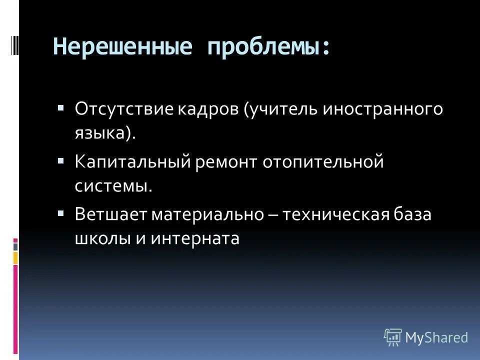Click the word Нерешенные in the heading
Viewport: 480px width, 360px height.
(x=122, y=48)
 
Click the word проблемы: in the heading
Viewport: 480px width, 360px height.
(x=269, y=48)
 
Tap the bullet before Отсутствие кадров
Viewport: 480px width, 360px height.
(x=60, y=108)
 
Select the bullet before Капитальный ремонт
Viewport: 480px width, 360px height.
(x=60, y=161)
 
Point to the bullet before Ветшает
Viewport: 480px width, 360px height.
(x=60, y=212)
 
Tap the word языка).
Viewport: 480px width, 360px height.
(x=105, y=134)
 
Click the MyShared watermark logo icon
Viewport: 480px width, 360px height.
(x=393, y=337)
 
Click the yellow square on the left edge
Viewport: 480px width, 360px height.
(x=15, y=258)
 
